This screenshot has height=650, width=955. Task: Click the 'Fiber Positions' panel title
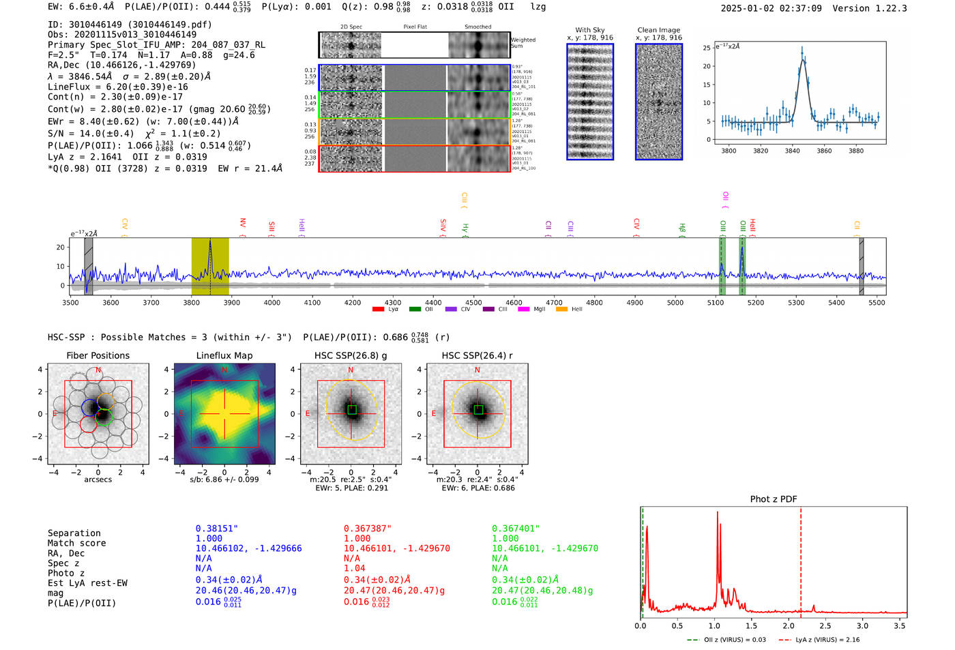point(98,355)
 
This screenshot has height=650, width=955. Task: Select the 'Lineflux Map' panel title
point(224,355)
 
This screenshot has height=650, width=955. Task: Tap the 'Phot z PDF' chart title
point(774,499)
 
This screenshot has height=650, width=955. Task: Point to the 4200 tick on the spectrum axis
point(353,302)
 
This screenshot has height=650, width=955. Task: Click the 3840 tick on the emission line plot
point(792,151)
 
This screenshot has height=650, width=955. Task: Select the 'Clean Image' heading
point(658,30)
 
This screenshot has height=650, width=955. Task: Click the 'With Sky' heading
point(590,30)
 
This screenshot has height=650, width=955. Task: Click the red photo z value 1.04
point(354,568)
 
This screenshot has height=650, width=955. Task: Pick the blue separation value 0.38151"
point(217,529)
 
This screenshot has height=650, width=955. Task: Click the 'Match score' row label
point(76,544)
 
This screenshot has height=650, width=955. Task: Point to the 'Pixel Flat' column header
point(415,27)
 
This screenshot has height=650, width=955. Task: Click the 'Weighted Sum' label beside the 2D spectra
point(523,43)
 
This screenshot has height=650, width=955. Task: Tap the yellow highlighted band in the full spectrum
point(210,266)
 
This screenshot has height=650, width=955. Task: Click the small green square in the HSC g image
point(352,409)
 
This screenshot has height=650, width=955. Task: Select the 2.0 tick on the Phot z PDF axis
point(789,625)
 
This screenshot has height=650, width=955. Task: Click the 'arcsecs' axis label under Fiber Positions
point(98,479)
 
